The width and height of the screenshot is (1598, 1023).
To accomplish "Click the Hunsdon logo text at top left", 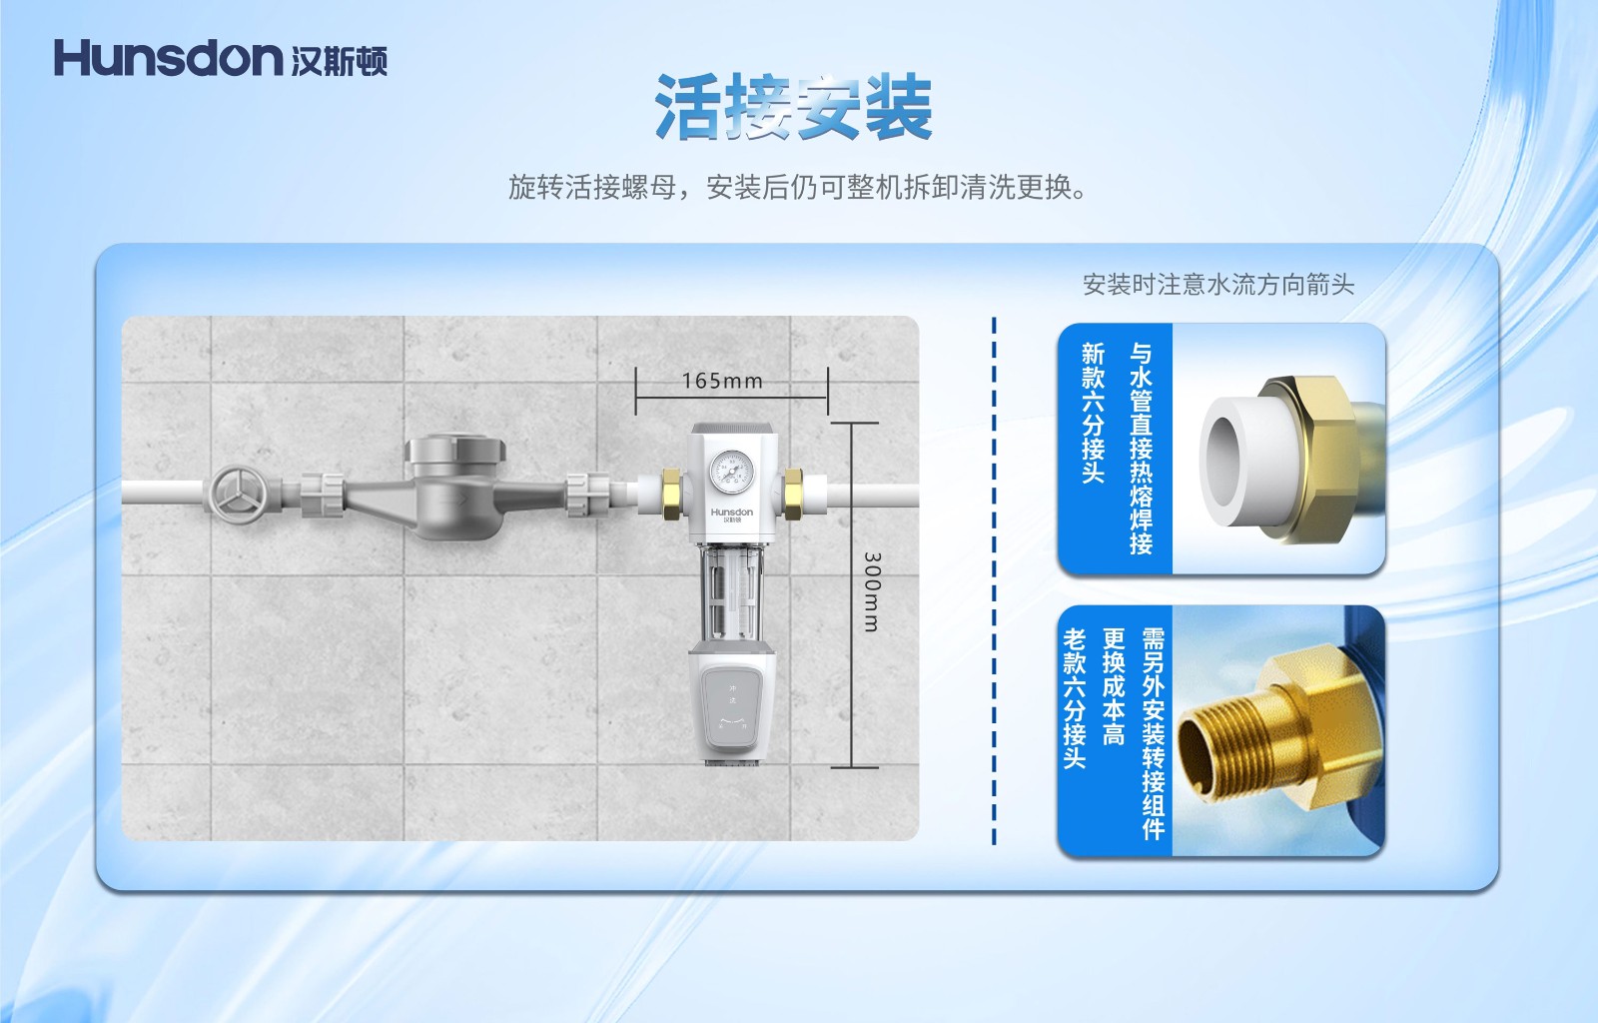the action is tap(169, 59).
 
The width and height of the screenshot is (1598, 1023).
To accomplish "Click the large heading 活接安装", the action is tap(793, 108).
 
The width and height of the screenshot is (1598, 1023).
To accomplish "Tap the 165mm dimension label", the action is tap(722, 381).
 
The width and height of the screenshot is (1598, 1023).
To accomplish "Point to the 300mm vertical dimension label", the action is tap(872, 591).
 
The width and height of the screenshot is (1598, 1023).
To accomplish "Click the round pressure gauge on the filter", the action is tap(731, 472).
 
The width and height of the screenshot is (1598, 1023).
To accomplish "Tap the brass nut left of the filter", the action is tap(671, 494).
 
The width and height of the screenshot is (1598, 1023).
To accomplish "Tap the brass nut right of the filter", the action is tap(793, 494).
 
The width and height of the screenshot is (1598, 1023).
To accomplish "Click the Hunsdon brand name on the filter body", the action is tap(731, 512).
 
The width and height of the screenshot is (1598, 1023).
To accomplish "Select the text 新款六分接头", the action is tap(1093, 413).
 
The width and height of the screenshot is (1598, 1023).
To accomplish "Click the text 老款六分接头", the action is tap(1075, 698).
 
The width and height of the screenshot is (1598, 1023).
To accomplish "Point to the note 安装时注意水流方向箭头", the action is tap(1218, 285).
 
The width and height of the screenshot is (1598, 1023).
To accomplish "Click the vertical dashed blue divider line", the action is tap(994, 580).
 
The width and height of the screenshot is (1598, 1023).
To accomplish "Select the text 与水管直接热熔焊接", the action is tap(1141, 449).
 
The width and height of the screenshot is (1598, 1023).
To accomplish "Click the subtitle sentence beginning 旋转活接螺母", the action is tap(798, 187).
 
